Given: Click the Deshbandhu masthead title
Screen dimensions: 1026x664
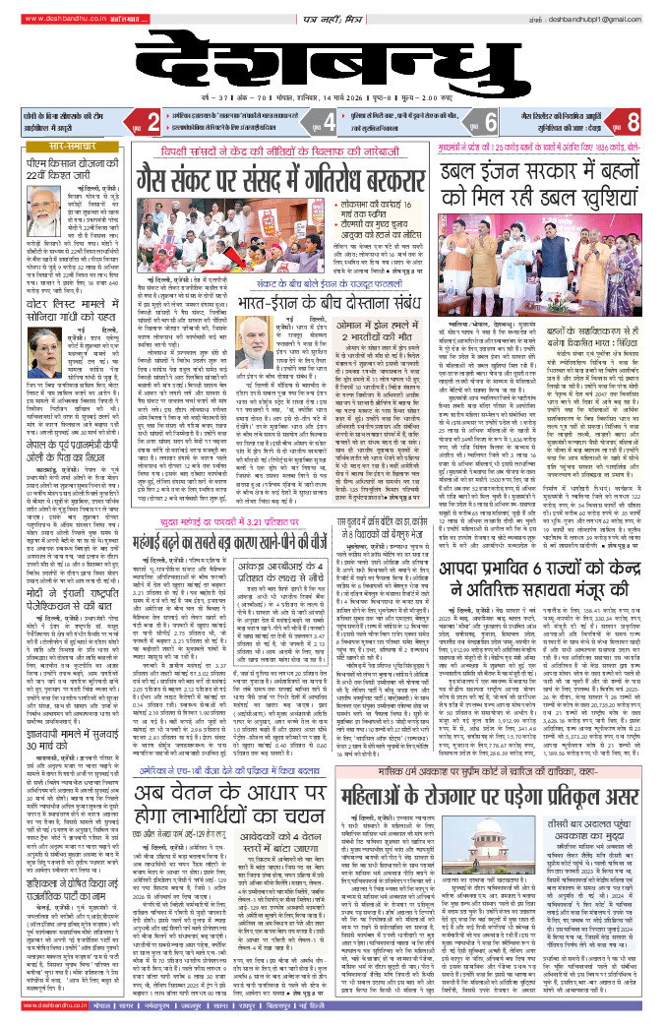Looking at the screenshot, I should [332, 58].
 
